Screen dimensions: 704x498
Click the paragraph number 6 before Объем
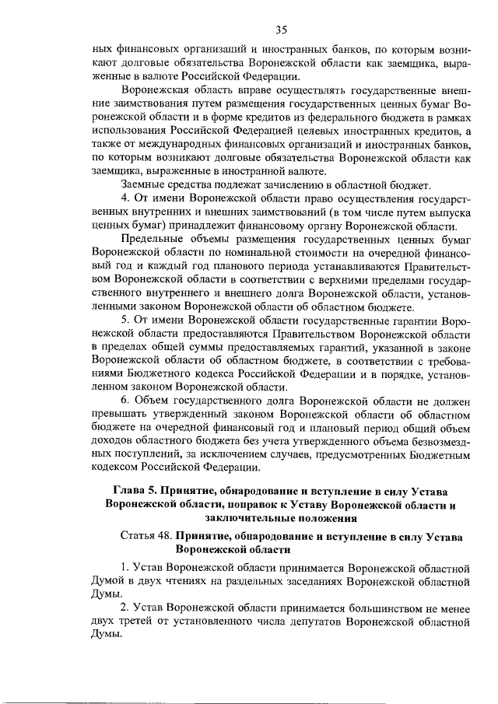coord(126,402)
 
